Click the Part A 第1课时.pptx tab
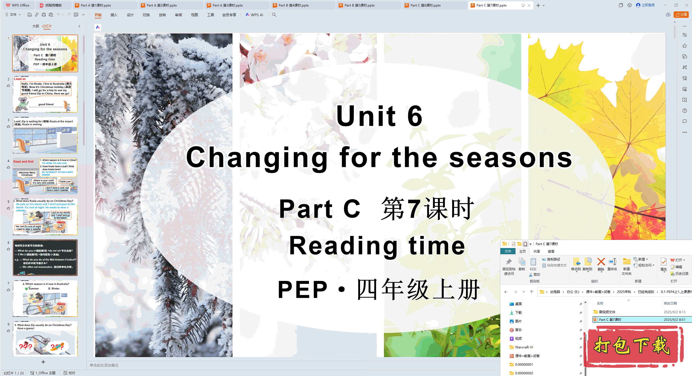coord(96,5)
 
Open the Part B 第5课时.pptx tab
coord(360,5)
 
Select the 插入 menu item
coord(114,15)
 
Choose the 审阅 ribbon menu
coord(178,15)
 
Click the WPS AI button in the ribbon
coord(254,15)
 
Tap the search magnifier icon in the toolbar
coord(274,15)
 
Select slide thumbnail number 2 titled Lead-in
coord(45,94)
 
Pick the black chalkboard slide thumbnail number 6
coord(45,258)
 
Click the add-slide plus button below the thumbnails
coord(43,362)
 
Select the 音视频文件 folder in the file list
coord(607,312)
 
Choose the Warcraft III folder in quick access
coord(524,347)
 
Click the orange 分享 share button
coord(681,15)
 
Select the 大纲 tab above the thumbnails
coord(35,26)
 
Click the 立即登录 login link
coord(648,5)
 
